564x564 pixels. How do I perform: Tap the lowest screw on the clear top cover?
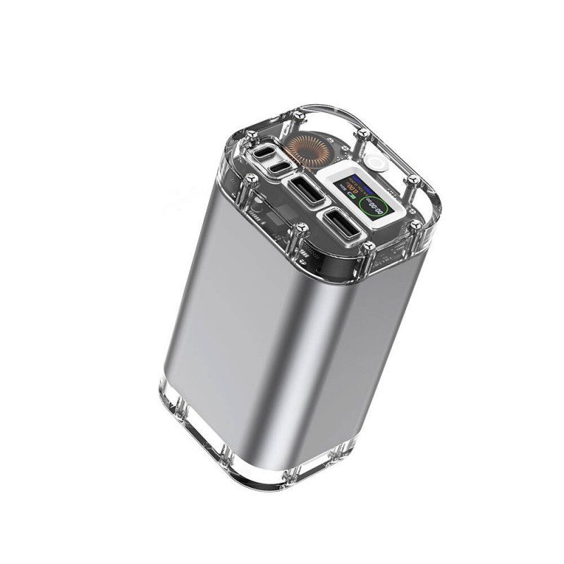click(x=369, y=246)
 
